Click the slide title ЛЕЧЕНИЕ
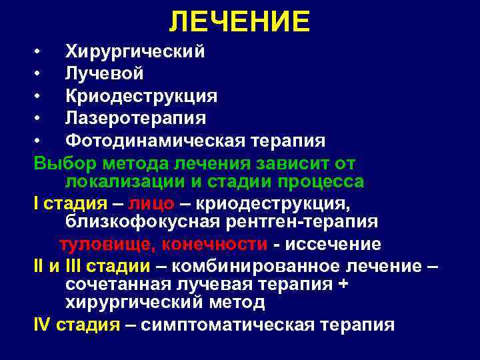(239, 22)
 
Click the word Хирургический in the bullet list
(135, 51)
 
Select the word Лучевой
(104, 73)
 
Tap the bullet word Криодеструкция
(141, 95)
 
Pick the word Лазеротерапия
(135, 118)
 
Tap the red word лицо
(154, 204)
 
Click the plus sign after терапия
(344, 285)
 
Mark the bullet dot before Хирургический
(39, 52)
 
